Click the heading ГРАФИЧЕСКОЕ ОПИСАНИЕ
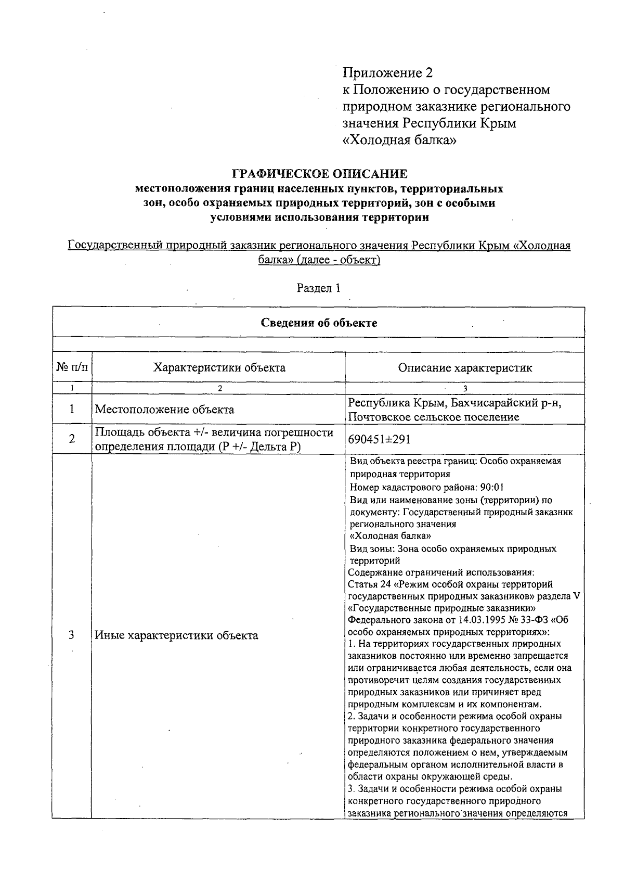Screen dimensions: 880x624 319,173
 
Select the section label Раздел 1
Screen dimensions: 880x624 318,288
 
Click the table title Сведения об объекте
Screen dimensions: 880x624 319,323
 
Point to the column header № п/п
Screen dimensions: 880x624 72,368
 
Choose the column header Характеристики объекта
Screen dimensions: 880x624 219,368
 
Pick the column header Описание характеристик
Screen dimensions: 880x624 465,368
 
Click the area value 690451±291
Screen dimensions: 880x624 380,440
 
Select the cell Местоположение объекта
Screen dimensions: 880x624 164,410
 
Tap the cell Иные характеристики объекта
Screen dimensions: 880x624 176,635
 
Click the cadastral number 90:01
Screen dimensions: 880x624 492,488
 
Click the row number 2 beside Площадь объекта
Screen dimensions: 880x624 72,439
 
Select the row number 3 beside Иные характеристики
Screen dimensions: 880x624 72,635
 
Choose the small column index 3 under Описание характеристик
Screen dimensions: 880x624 465,388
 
